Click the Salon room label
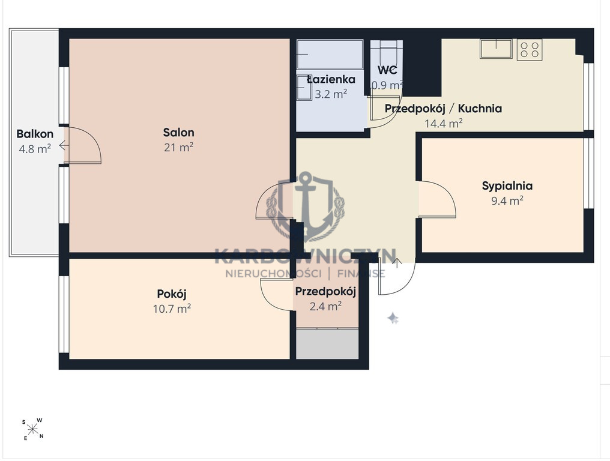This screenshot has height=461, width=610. pos(178,132)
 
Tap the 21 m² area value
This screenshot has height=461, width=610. pos(178,147)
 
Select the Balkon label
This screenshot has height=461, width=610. pos(35,134)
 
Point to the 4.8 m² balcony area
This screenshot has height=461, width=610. pos(35,149)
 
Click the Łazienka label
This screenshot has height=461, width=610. pos(331,79)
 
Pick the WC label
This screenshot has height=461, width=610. pos(387,70)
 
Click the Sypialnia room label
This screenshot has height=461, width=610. pos(507,186)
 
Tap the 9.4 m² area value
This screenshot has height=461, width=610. pos(507,200)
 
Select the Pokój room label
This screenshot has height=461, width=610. pos(172,294)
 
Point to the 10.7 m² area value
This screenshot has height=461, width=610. pos(172,309)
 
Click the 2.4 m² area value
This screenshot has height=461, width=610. pos(325,307)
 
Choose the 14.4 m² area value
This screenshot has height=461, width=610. pos(444,124)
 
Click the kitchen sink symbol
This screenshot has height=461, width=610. pos(496,49)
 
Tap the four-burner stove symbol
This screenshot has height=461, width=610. pos(530,49)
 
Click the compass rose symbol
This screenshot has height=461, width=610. pos(33,429)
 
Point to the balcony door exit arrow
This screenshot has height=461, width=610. pos(64,146)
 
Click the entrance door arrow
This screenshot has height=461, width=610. pos(397,263)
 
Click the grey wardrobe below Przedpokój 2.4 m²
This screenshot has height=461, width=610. pos(327,344)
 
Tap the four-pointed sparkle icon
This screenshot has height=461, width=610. pos(393,318)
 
